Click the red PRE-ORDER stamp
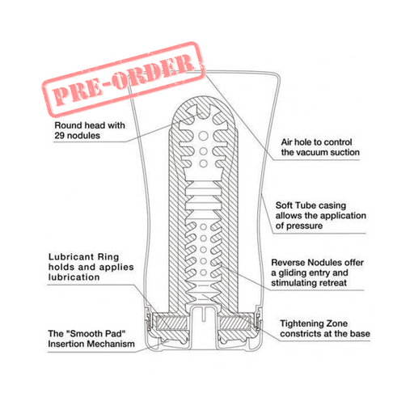coord(123,80)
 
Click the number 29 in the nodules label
coord(60,135)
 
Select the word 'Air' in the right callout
coord(287,142)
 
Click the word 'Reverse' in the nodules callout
coord(288,263)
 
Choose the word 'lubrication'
coord(74,277)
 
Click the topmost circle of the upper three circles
coord(203,136)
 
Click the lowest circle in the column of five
coord(204,272)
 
